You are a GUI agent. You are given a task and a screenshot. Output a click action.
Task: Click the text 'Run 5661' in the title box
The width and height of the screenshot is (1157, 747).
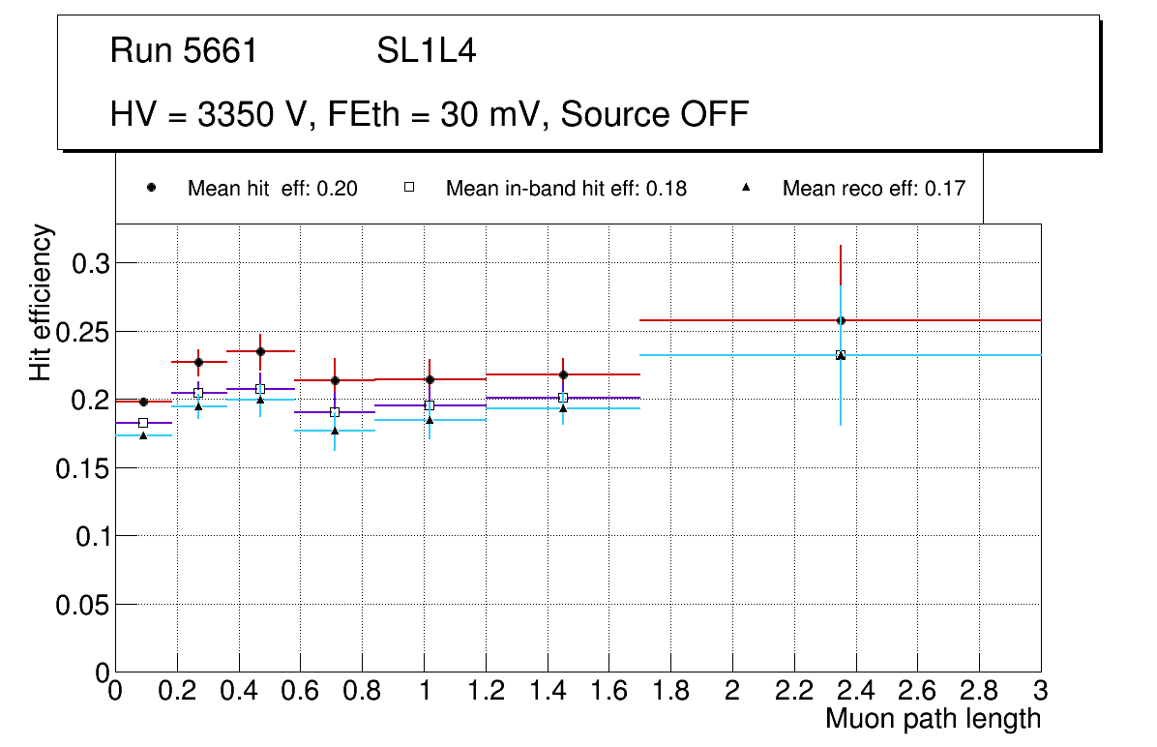(184, 51)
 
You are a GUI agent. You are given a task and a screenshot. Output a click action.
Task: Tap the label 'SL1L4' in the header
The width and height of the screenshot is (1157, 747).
(426, 51)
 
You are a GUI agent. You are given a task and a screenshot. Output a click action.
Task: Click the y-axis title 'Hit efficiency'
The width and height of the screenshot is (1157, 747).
(42, 302)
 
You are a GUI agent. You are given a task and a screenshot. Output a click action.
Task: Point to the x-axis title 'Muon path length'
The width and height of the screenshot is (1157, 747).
(933, 719)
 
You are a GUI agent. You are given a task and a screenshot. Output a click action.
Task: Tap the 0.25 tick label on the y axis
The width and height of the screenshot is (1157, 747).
(84, 332)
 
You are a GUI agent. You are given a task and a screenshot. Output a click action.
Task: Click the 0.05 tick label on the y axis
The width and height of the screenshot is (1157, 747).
(84, 604)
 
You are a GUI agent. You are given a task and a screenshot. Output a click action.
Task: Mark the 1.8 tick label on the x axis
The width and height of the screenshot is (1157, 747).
(670, 690)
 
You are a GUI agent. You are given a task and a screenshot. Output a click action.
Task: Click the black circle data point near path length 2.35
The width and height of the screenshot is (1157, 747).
(841, 320)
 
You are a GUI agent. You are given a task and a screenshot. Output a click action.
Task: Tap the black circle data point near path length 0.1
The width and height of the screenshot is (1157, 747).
(143, 402)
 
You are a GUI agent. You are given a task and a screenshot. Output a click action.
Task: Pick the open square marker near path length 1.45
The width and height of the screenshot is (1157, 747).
(563, 398)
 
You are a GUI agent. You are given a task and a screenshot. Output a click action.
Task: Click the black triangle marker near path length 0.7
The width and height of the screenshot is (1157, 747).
(335, 431)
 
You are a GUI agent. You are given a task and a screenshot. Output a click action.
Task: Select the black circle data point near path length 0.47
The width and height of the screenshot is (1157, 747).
(260, 351)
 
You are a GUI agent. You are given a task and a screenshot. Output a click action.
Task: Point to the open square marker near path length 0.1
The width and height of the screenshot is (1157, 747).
(143, 423)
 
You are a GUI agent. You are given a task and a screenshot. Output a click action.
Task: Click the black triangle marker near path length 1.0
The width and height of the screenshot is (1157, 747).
(430, 420)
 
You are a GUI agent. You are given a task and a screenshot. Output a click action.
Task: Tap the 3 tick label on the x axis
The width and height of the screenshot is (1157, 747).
(1041, 690)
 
